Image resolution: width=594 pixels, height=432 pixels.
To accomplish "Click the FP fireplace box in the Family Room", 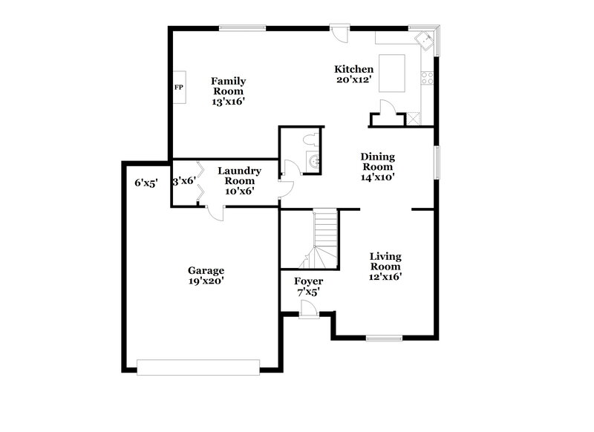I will [179, 88].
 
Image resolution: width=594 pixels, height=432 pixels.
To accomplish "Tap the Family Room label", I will [228, 91].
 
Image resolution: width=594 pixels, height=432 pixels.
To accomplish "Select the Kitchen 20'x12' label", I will [353, 74].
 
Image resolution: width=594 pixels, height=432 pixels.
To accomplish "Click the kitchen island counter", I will [393, 73].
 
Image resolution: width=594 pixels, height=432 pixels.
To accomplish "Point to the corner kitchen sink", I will [425, 39].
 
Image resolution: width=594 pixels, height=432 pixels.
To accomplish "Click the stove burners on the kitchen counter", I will [428, 76].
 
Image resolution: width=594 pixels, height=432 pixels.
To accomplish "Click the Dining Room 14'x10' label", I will [377, 166].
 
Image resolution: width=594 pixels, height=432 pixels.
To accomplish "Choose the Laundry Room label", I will [239, 180].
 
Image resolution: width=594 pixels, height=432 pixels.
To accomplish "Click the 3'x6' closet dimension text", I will [183, 180].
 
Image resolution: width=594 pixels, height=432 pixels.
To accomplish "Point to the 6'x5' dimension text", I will [146, 183].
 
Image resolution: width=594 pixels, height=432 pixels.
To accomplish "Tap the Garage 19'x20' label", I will [206, 275].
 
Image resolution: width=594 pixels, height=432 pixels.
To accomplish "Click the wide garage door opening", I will [198, 365].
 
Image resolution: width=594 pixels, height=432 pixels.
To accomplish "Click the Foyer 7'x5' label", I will [308, 287].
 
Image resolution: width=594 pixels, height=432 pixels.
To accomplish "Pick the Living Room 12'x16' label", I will [385, 266].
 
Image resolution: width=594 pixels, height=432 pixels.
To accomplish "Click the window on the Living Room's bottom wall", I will [384, 338].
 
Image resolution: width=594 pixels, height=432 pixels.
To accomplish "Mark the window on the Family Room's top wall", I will [242, 28].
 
